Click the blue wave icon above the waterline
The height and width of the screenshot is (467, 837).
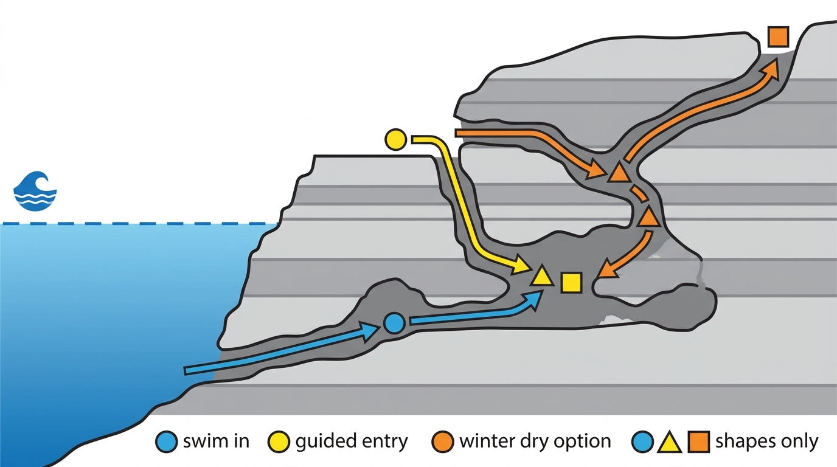coord(35,191)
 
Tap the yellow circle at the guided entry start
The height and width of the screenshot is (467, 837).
coord(396,140)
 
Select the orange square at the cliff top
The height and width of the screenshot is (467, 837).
coord(779,37)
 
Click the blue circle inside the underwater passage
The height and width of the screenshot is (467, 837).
coord(394,323)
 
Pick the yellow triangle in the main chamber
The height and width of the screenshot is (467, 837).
coord(542,277)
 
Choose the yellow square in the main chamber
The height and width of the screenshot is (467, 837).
coord(571,282)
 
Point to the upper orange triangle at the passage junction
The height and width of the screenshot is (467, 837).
coord(619,173)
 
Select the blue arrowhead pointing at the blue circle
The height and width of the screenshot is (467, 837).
coord(370,331)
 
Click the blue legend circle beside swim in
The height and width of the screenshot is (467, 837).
coord(166,441)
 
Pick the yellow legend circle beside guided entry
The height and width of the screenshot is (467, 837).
coord(279,441)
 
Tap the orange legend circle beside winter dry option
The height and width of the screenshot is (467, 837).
coord(442,441)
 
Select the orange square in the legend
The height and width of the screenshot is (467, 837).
coord(699,441)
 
